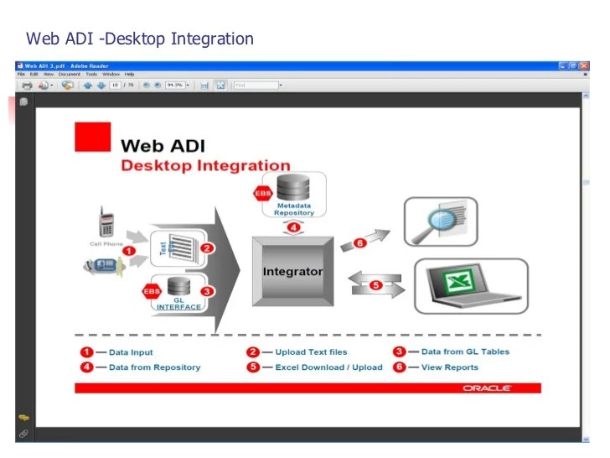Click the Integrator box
pos(292,272)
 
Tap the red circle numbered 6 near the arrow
pos(359,243)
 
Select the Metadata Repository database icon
pos(293,187)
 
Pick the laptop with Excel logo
pos(471,284)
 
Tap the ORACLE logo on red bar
pos(487,388)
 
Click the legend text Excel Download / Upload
pos(328,367)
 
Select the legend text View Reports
pos(450,367)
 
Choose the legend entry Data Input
pos(131,352)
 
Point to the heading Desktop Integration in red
pos(205,165)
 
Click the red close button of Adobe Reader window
pos(584,65)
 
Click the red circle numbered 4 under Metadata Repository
pos(293,226)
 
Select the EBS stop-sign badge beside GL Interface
pos(152,292)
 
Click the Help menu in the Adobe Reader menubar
pos(130,75)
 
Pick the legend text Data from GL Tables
pos(465,352)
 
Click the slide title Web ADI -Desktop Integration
pos(140,39)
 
